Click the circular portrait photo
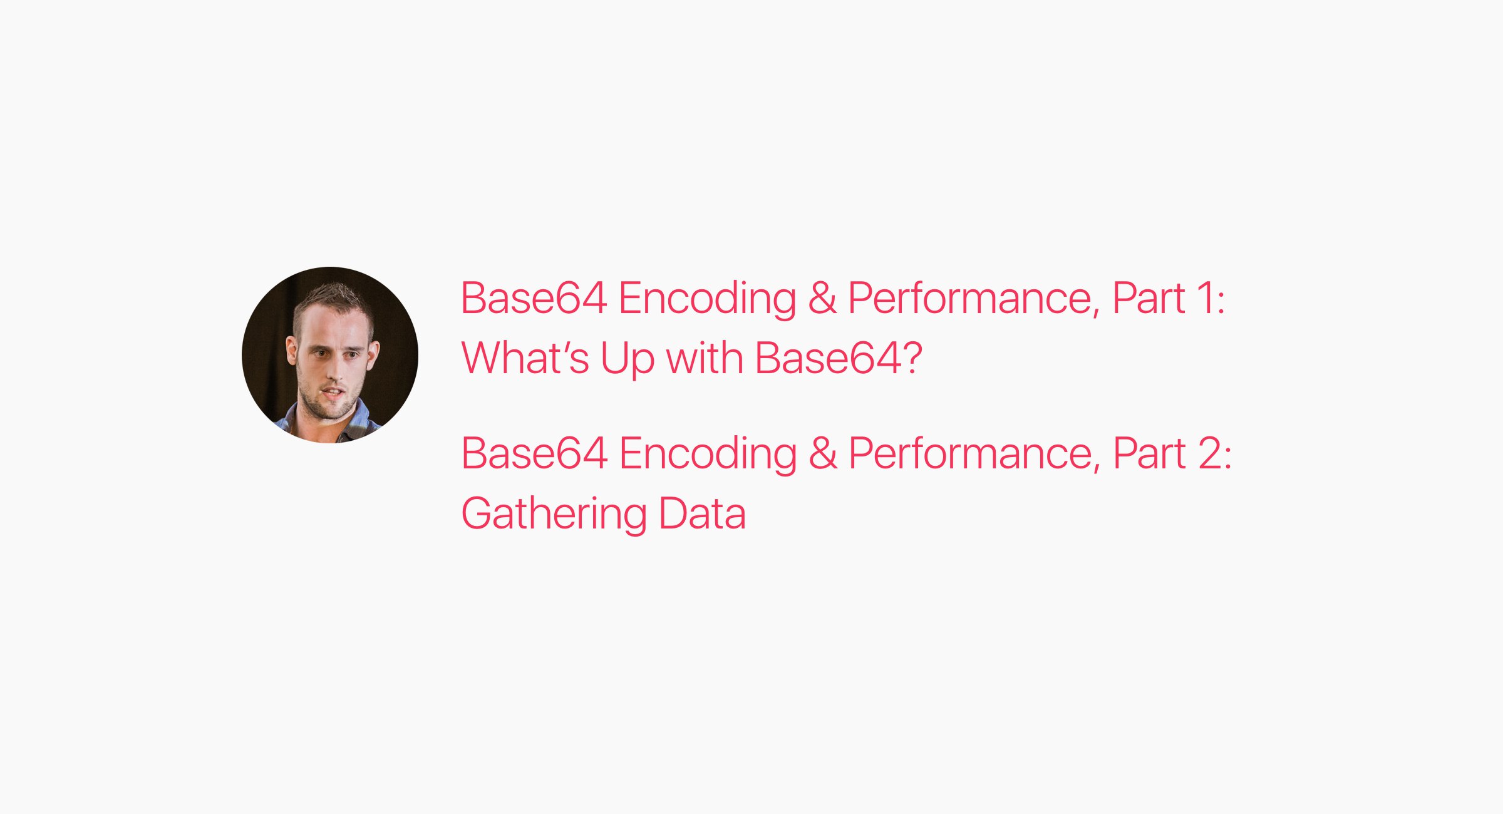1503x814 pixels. tap(330, 355)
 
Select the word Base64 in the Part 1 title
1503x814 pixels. tap(534, 298)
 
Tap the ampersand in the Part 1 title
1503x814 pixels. tap(822, 298)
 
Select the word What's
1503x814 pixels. tap(525, 358)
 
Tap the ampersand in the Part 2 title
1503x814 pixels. tap(823, 453)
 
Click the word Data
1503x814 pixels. tap(702, 513)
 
